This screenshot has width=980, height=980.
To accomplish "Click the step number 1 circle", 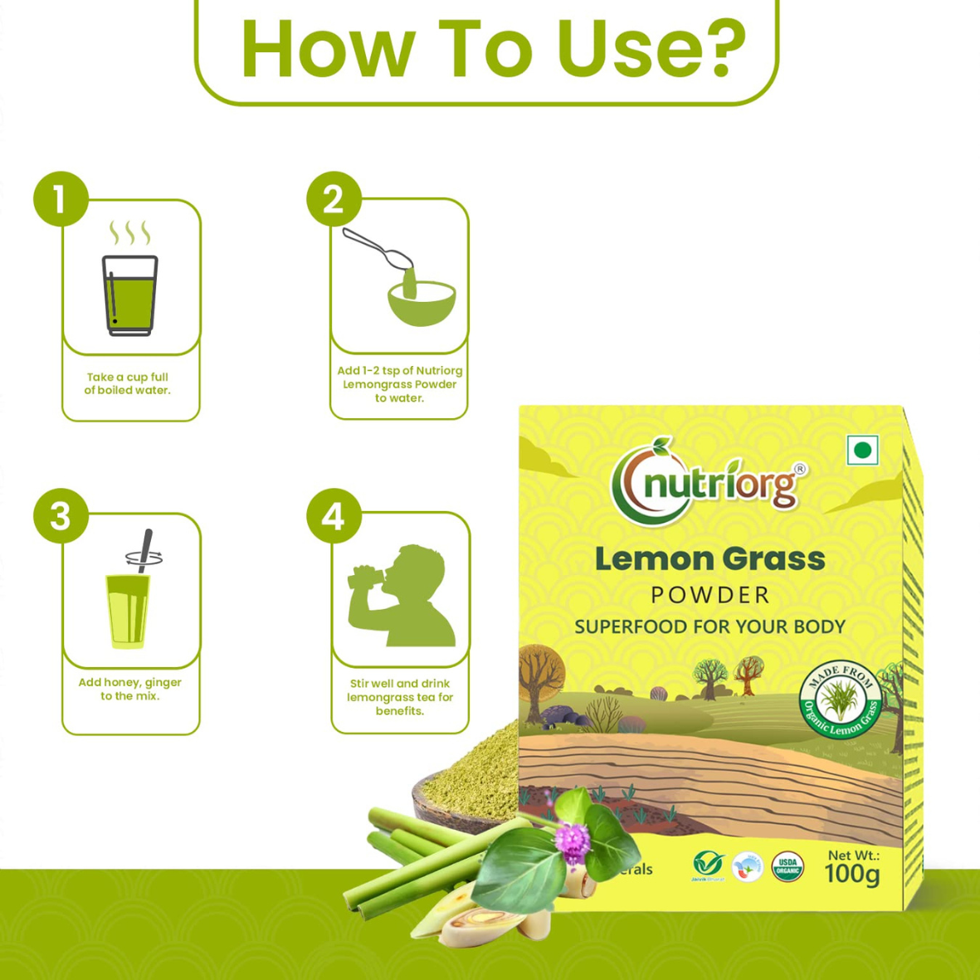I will (x=61, y=199).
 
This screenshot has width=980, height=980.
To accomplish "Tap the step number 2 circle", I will (x=334, y=199).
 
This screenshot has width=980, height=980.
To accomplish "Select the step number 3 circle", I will (x=61, y=516).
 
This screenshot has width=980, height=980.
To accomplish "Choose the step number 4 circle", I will (x=334, y=516).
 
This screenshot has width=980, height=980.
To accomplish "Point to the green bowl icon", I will (x=422, y=303).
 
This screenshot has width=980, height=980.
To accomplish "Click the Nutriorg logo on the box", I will (x=708, y=481).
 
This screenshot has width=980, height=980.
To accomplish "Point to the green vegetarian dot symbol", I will (x=862, y=451).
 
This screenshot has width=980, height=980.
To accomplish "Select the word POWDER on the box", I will (x=710, y=595).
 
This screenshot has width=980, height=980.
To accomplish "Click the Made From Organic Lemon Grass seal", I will (x=840, y=699).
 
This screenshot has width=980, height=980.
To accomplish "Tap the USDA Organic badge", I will (x=787, y=866).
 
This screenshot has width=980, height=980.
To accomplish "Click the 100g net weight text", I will (x=852, y=874).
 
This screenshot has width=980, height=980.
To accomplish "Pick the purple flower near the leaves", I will (x=572, y=840).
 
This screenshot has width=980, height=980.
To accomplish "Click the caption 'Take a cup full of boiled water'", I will (x=128, y=383).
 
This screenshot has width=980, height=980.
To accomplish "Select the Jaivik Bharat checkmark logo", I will (x=708, y=865).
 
